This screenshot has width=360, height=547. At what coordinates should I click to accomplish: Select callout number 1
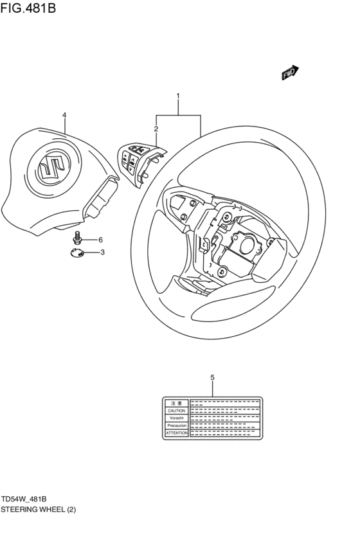tap(178, 96)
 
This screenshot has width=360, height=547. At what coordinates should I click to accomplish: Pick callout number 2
tap(156, 129)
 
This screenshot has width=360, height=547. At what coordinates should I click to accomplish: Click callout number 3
tap(102, 252)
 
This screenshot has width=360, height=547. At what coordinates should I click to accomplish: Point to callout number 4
tap(64, 115)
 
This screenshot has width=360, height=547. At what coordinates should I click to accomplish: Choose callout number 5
tap(212, 377)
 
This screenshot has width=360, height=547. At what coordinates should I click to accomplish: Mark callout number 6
tap(100, 239)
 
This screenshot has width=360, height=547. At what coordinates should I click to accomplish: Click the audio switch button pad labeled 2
tap(139, 161)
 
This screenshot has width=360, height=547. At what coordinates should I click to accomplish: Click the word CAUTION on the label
tap(175, 410)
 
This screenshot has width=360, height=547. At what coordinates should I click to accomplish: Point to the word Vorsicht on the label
tap(175, 418)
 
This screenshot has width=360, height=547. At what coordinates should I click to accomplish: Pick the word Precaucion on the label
tap(175, 426)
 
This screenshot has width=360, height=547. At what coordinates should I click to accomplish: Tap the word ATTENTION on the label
tap(175, 433)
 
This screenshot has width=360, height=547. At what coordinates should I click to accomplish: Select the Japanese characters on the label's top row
tap(175, 402)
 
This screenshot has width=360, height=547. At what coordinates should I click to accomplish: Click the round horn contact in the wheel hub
tap(246, 244)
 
